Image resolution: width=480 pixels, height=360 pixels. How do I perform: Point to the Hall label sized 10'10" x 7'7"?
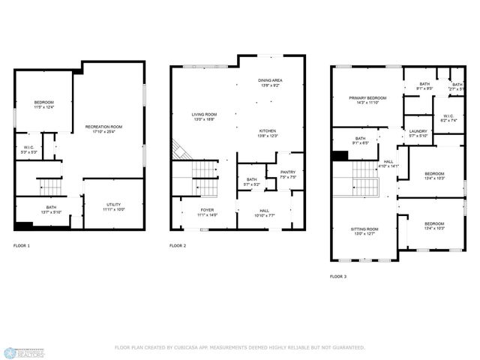click(x=265, y=213)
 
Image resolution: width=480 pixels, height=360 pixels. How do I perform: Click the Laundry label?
click(x=418, y=133)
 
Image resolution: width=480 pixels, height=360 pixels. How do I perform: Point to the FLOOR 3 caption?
click(x=338, y=277)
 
